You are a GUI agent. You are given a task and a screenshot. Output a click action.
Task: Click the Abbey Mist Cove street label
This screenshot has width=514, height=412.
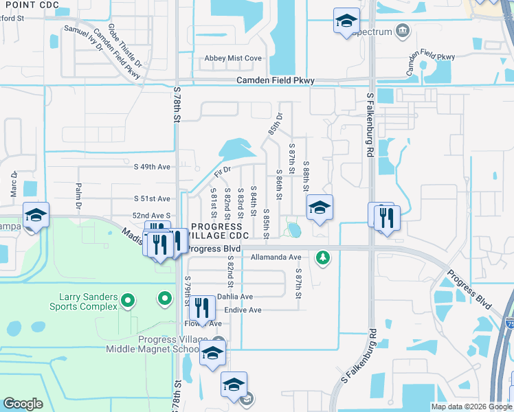coord(233,58)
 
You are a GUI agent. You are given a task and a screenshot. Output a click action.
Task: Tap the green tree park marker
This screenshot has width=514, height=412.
coord(322,257)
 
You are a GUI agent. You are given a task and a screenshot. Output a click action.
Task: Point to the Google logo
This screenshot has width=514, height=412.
coord(23,404)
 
